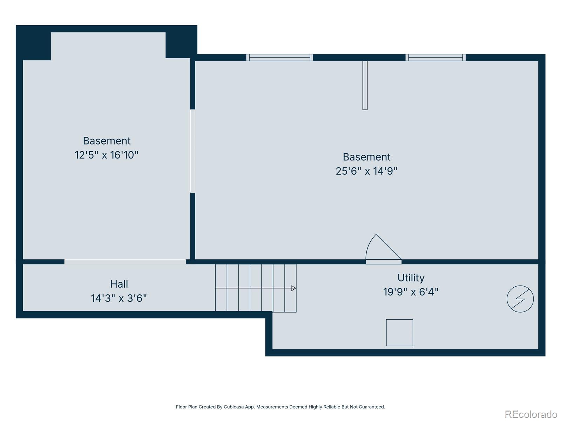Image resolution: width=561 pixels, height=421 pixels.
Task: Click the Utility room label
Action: [x=411, y=278]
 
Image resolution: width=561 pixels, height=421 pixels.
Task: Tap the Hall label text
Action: [x=119, y=284]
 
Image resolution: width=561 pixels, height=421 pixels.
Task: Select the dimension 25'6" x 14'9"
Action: [x=366, y=171]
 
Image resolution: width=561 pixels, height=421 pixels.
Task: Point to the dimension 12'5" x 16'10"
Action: [x=107, y=155]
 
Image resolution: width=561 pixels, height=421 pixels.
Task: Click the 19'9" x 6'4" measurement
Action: [x=411, y=292]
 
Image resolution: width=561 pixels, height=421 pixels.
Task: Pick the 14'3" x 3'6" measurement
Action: [x=119, y=298]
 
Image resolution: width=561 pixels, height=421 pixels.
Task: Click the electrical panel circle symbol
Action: [x=520, y=299]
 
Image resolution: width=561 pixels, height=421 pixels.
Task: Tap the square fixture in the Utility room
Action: [x=399, y=333]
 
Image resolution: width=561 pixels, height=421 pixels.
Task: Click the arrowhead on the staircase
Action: [x=294, y=288]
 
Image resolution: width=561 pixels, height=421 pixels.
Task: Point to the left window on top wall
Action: [x=279, y=58]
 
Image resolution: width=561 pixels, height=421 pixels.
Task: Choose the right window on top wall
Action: [x=435, y=58]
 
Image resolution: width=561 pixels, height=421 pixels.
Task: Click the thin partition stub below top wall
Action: [x=365, y=85]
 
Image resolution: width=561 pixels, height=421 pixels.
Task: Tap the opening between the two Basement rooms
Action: [x=192, y=151]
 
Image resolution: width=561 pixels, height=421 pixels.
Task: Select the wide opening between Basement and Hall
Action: [x=125, y=262]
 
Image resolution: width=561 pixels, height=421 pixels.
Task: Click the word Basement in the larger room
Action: [x=366, y=157]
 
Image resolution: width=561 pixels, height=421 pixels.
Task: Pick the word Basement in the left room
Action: [x=107, y=141]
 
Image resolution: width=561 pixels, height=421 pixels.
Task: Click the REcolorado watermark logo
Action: [x=531, y=414]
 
